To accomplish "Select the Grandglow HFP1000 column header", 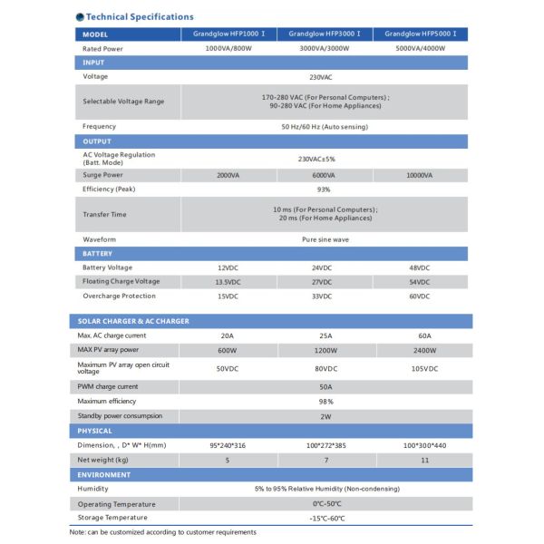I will (x=228, y=34).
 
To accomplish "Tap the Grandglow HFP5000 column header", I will (x=421, y=34).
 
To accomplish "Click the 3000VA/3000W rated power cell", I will (x=325, y=48).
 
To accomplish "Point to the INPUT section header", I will (x=93, y=63).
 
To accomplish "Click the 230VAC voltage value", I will (x=325, y=76).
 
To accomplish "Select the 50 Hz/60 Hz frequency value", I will (x=325, y=126).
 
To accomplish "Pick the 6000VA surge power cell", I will (x=325, y=175).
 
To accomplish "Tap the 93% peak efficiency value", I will (x=325, y=189).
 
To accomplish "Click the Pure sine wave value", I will (x=325, y=239).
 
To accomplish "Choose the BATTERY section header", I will (x=98, y=254).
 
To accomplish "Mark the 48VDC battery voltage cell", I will (x=421, y=267).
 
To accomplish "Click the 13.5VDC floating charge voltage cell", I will (x=228, y=282).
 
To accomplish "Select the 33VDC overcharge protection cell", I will (x=325, y=296).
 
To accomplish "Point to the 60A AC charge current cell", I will (x=421, y=335).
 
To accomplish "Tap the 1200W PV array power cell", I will (x=325, y=350).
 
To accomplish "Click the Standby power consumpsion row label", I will (x=121, y=415).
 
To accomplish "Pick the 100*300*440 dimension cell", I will (x=421, y=445).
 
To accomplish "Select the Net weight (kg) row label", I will (x=104, y=460).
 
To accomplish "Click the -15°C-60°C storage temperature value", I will (x=325, y=518).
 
